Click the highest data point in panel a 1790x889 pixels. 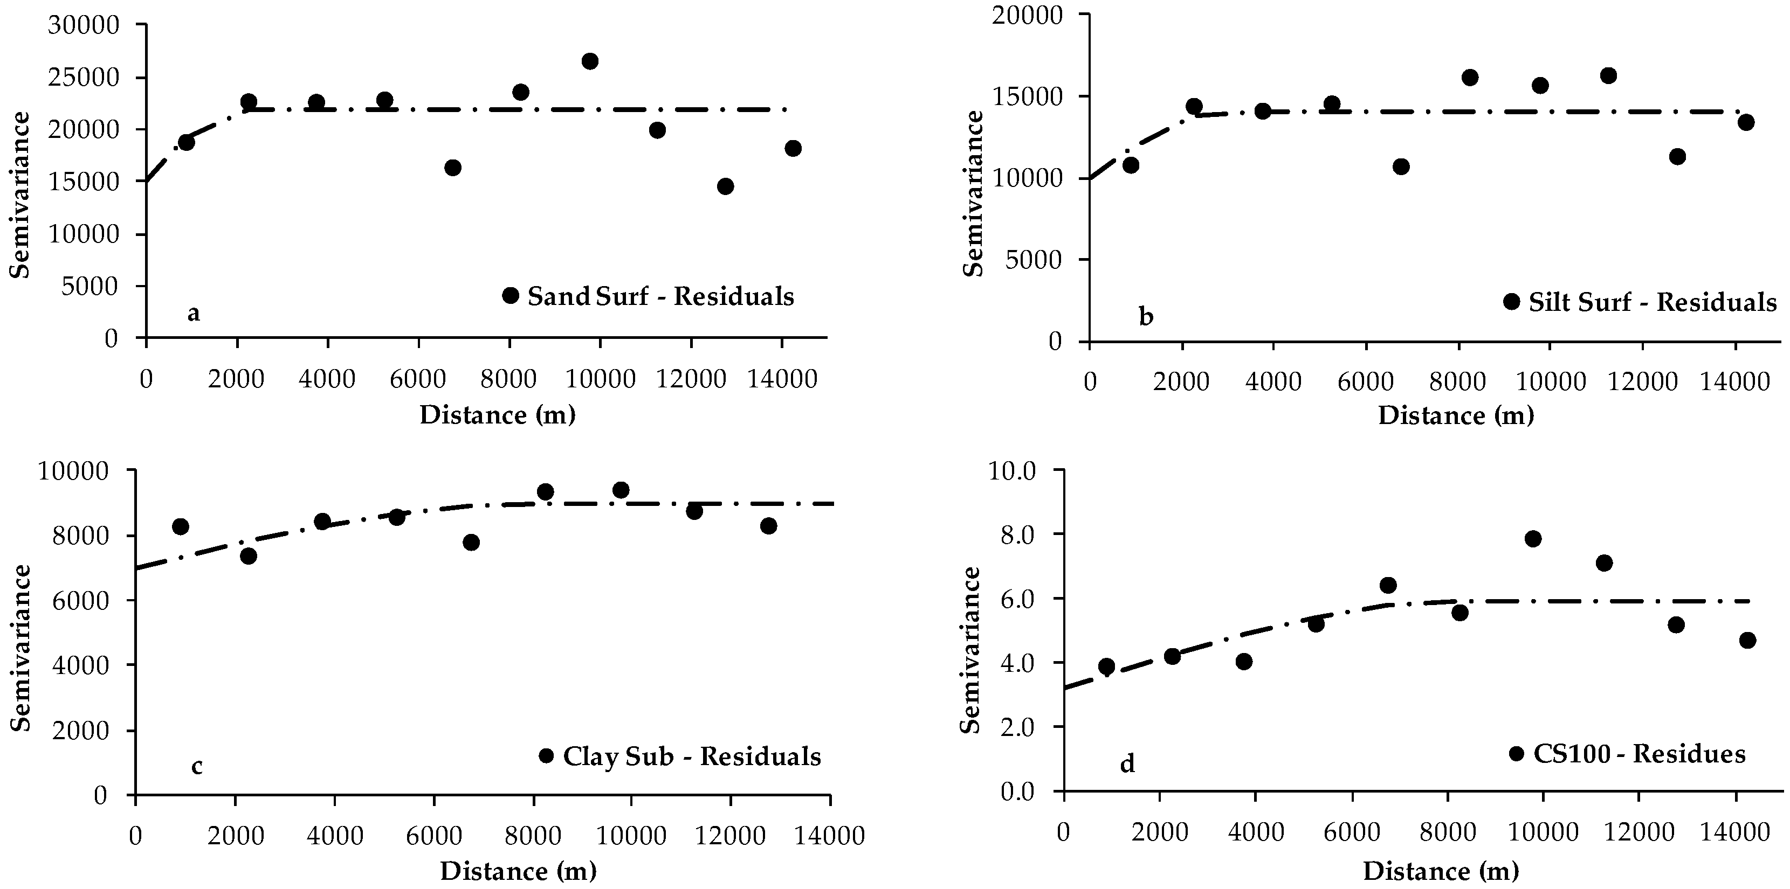(590, 61)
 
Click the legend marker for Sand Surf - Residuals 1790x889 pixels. (511, 295)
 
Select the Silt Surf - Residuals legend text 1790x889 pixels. (1653, 302)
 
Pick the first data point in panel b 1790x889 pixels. (1131, 165)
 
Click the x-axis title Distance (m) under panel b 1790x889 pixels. (1456, 415)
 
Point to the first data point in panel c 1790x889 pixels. (181, 526)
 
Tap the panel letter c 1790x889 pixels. (197, 767)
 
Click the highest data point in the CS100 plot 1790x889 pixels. (1533, 539)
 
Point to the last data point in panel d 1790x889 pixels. (1747, 641)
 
